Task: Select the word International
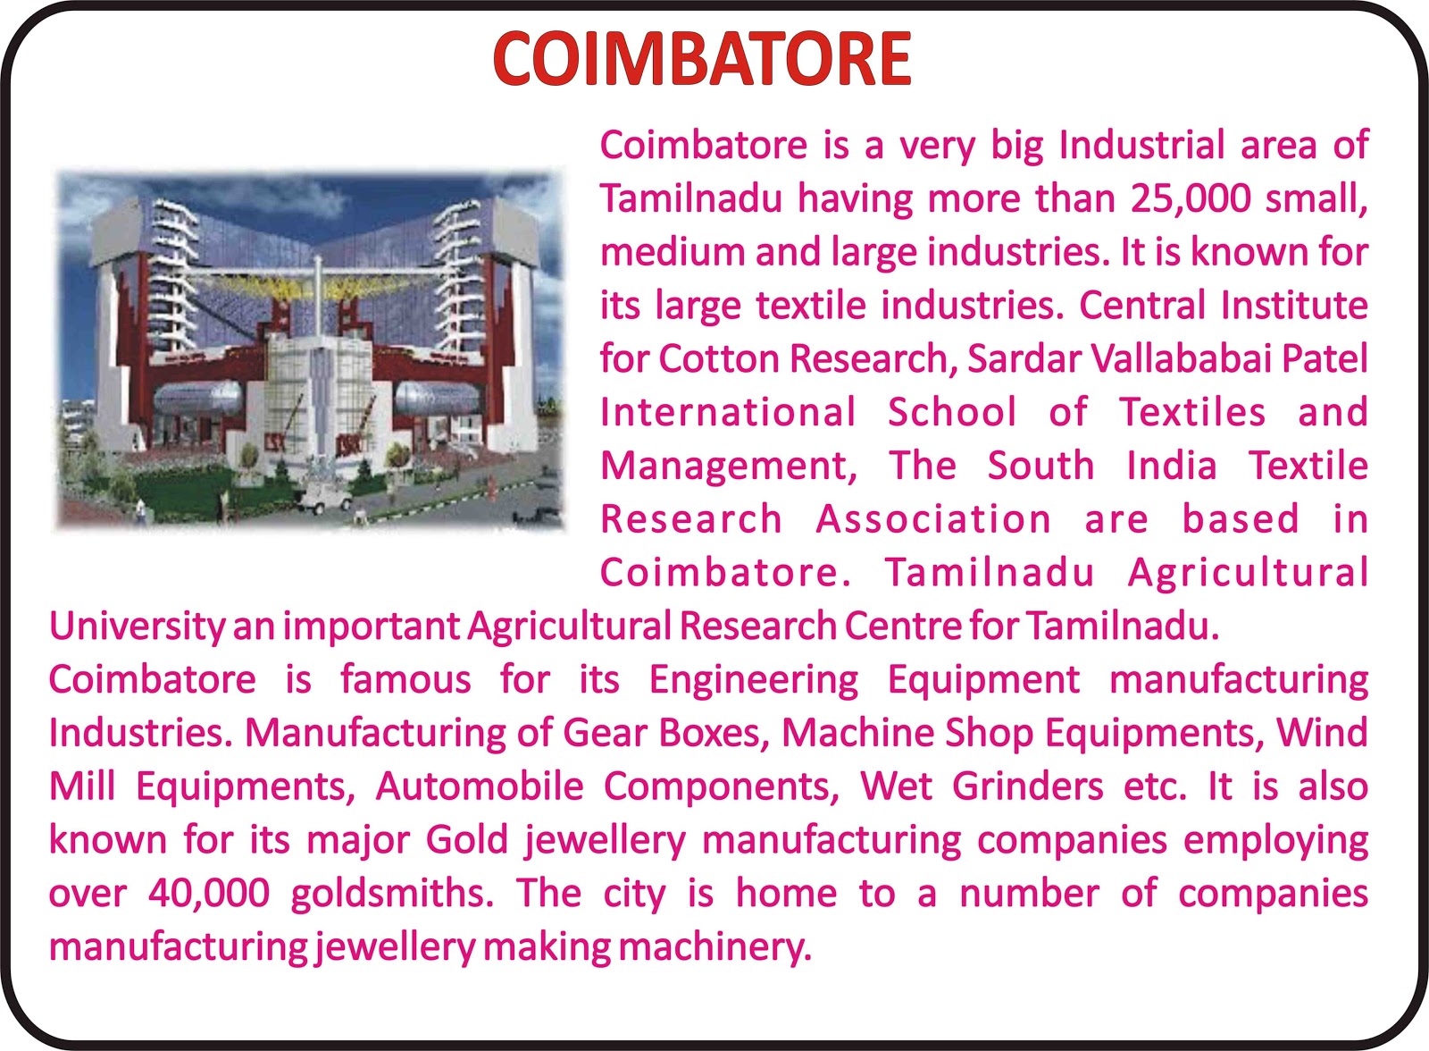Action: pos(728,412)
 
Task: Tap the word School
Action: pos(952,412)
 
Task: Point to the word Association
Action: pos(932,518)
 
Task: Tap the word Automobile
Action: pos(479,786)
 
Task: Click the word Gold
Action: pos(467,840)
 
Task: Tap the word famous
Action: pos(405,678)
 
